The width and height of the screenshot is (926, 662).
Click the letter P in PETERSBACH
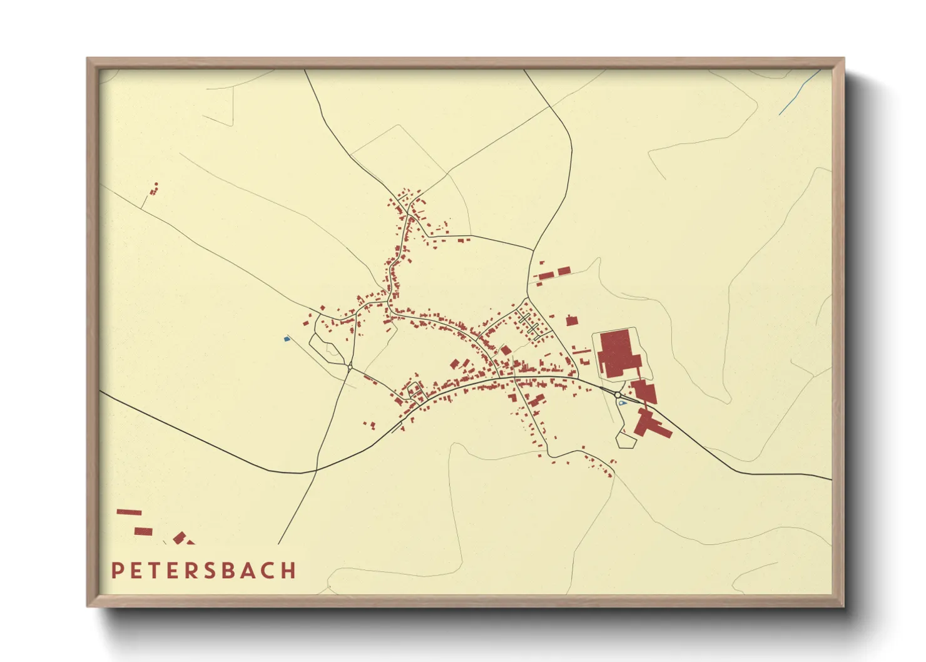117,571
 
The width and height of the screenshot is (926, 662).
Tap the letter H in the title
288,571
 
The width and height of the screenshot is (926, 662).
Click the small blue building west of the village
287,339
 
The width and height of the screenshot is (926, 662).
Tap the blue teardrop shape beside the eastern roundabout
621,404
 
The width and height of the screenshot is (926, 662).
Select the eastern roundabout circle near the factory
618,395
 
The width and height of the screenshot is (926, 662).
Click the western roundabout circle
349,366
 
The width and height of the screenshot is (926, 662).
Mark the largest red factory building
618,354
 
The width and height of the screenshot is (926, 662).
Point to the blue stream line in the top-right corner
800,92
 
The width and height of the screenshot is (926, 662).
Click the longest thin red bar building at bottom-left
129,512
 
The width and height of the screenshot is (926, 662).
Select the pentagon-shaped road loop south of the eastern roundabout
626,440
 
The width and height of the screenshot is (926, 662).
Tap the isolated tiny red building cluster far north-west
154,188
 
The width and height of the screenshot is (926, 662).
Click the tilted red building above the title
180,537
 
